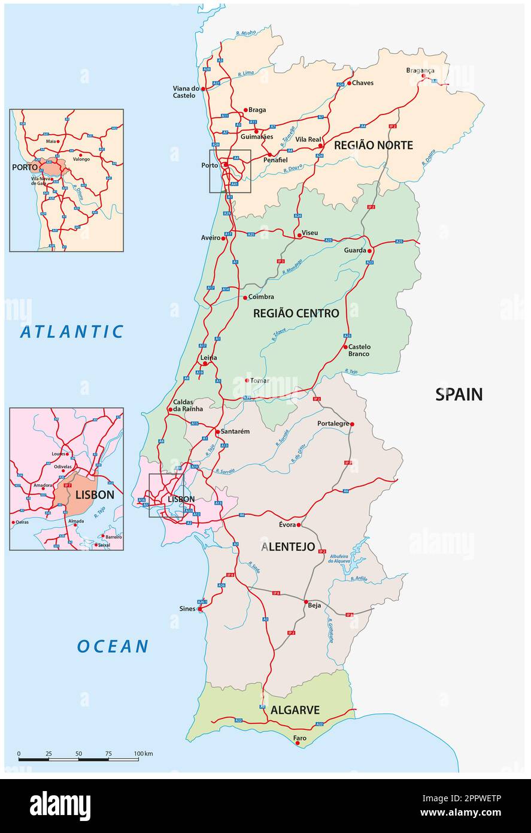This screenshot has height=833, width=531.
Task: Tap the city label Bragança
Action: pyautogui.click(x=420, y=70)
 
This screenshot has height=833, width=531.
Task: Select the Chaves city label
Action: pyautogui.click(x=362, y=83)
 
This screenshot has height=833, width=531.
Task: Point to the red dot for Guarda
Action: pyautogui.click(x=370, y=250)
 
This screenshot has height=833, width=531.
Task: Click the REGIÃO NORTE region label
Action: pyautogui.click(x=373, y=145)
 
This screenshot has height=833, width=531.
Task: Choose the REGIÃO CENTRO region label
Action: pyautogui.click(x=296, y=313)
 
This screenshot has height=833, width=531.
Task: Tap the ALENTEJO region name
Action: pyautogui.click(x=288, y=547)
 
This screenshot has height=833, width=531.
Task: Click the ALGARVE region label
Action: pyautogui.click(x=295, y=710)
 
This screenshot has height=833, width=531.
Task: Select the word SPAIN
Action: pyautogui.click(x=459, y=394)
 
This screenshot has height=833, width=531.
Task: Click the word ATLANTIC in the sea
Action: pyautogui.click(x=72, y=331)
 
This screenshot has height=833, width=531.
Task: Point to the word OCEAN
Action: pyautogui.click(x=113, y=646)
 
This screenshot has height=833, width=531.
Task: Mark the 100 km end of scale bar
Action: pyautogui.click(x=138, y=759)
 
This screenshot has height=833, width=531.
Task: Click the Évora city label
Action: pyautogui.click(x=287, y=524)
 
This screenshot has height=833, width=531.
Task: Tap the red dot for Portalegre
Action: pyautogui.click(x=352, y=424)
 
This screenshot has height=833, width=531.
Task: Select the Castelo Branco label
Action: pyautogui.click(x=359, y=350)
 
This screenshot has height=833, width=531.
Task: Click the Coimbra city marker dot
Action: pyautogui.click(x=245, y=297)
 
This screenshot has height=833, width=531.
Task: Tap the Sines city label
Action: pyautogui.click(x=187, y=609)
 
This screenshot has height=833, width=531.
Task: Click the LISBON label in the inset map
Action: pyautogui.click(x=94, y=495)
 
